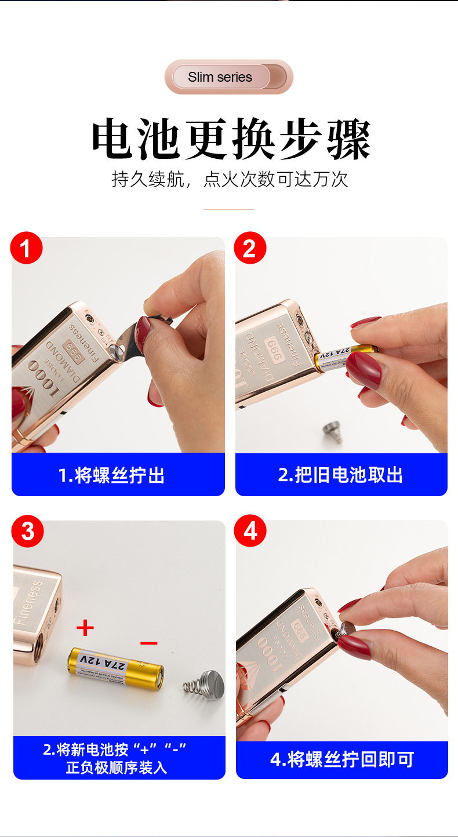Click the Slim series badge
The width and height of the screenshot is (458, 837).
tap(229, 77)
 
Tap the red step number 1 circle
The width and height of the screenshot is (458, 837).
tap(27, 248)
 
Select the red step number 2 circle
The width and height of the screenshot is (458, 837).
tap(250, 248)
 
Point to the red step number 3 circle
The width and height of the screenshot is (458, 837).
tap(27, 532)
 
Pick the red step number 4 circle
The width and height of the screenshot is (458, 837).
tap(250, 531)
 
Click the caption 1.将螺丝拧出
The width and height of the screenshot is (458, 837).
tap(112, 475)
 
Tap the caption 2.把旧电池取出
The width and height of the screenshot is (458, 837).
tap(340, 475)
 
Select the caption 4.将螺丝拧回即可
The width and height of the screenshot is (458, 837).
tap(342, 759)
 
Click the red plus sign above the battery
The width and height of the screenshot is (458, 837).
tap(85, 627)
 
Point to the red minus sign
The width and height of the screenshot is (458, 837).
tap(149, 643)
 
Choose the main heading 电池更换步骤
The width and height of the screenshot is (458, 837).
tap(230, 139)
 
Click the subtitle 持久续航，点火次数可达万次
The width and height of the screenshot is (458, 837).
tap(230, 179)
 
